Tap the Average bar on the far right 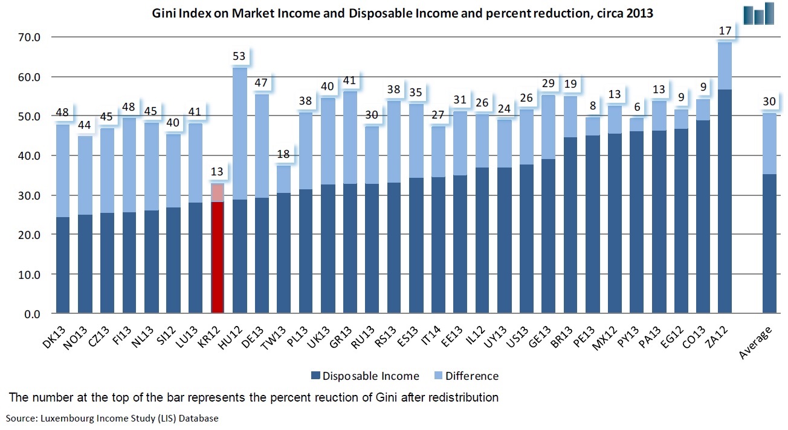[769, 242]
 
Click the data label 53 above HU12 [239, 57]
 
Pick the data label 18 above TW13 [283, 155]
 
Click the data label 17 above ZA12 [725, 30]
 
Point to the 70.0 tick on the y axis [28, 37]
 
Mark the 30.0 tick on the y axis [28, 196]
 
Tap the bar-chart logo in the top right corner [760, 13]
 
